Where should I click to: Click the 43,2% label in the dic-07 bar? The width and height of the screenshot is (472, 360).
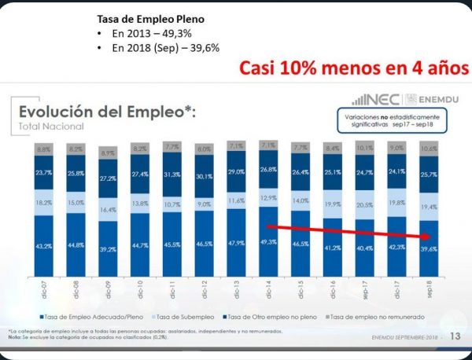point(44,247)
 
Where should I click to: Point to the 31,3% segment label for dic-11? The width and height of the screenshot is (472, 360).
point(173,174)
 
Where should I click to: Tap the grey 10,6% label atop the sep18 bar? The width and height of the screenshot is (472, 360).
point(429,148)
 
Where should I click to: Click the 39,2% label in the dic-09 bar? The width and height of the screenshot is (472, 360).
point(109,250)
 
